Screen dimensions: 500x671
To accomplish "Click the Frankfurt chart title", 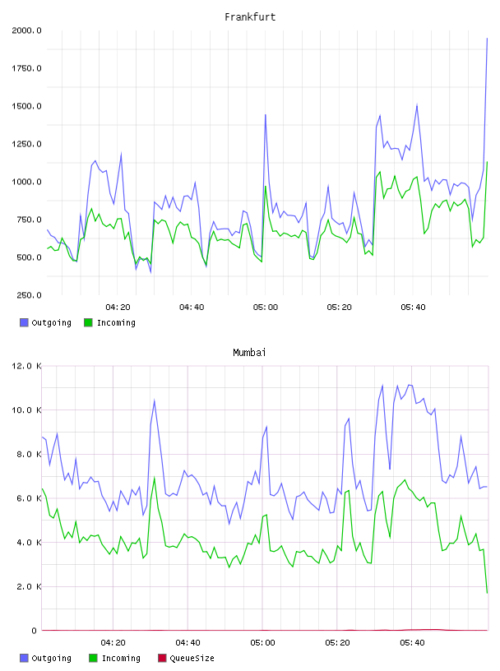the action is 250,17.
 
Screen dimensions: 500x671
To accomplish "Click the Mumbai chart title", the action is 249,353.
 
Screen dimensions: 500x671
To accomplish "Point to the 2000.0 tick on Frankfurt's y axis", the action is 26,30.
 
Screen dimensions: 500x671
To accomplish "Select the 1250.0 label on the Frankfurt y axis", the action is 26,144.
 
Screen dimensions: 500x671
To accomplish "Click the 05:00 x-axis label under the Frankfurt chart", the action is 266,308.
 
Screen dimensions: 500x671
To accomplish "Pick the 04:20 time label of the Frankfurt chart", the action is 118,308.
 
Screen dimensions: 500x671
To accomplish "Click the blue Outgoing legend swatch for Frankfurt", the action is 24,322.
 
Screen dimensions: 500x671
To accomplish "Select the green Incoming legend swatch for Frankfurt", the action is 88,322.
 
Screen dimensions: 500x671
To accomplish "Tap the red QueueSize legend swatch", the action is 162,658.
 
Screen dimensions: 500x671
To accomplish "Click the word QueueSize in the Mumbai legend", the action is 192,658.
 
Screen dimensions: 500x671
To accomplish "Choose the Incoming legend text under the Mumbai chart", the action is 121,658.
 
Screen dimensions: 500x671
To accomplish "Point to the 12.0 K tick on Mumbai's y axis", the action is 26,366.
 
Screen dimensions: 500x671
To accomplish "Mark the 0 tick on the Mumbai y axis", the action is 35,631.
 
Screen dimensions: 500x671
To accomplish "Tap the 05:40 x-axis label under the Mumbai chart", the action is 412,643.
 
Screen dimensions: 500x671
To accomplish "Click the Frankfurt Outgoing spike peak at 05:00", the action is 266,114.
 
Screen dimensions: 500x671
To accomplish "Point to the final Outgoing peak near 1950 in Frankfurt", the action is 487,38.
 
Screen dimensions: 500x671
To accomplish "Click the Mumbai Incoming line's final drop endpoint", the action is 487,593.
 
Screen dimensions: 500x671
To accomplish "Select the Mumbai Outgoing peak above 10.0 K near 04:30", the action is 154,400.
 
